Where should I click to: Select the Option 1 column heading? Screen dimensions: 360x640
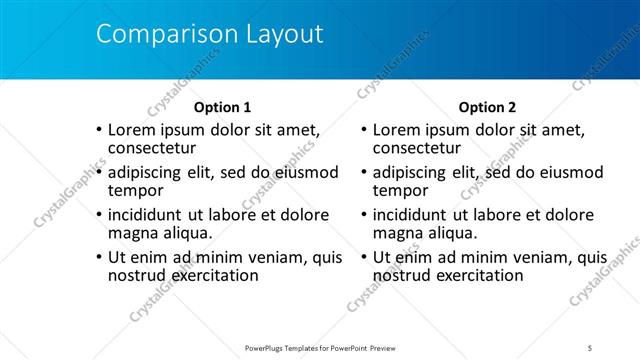click(x=222, y=107)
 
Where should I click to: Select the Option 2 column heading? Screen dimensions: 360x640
click(x=487, y=107)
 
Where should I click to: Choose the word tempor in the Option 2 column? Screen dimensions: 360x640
click(x=400, y=191)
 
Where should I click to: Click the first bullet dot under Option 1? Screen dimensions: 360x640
click(x=98, y=131)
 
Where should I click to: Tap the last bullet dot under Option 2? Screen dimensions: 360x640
click(x=363, y=258)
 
